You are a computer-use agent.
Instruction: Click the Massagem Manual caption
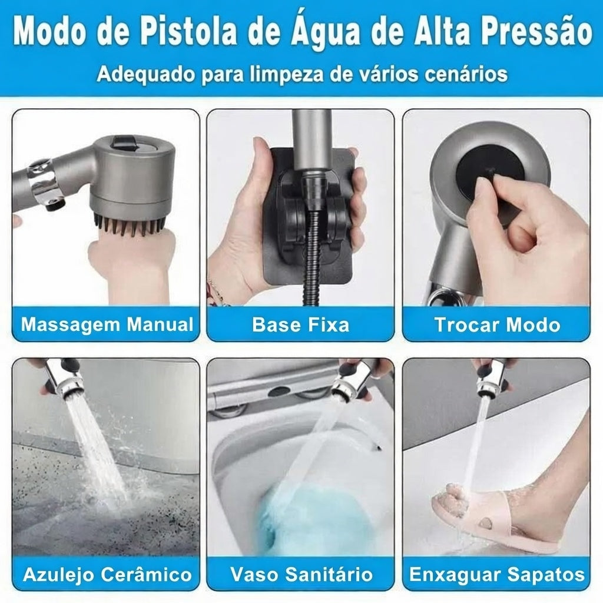[x=107, y=324]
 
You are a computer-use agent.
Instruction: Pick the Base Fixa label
[x=300, y=324]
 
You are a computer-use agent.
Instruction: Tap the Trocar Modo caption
[x=496, y=324]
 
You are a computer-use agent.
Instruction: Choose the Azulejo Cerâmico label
[x=107, y=575]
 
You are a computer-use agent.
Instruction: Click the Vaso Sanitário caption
[x=301, y=575]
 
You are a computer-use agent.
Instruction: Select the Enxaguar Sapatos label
[x=496, y=575]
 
